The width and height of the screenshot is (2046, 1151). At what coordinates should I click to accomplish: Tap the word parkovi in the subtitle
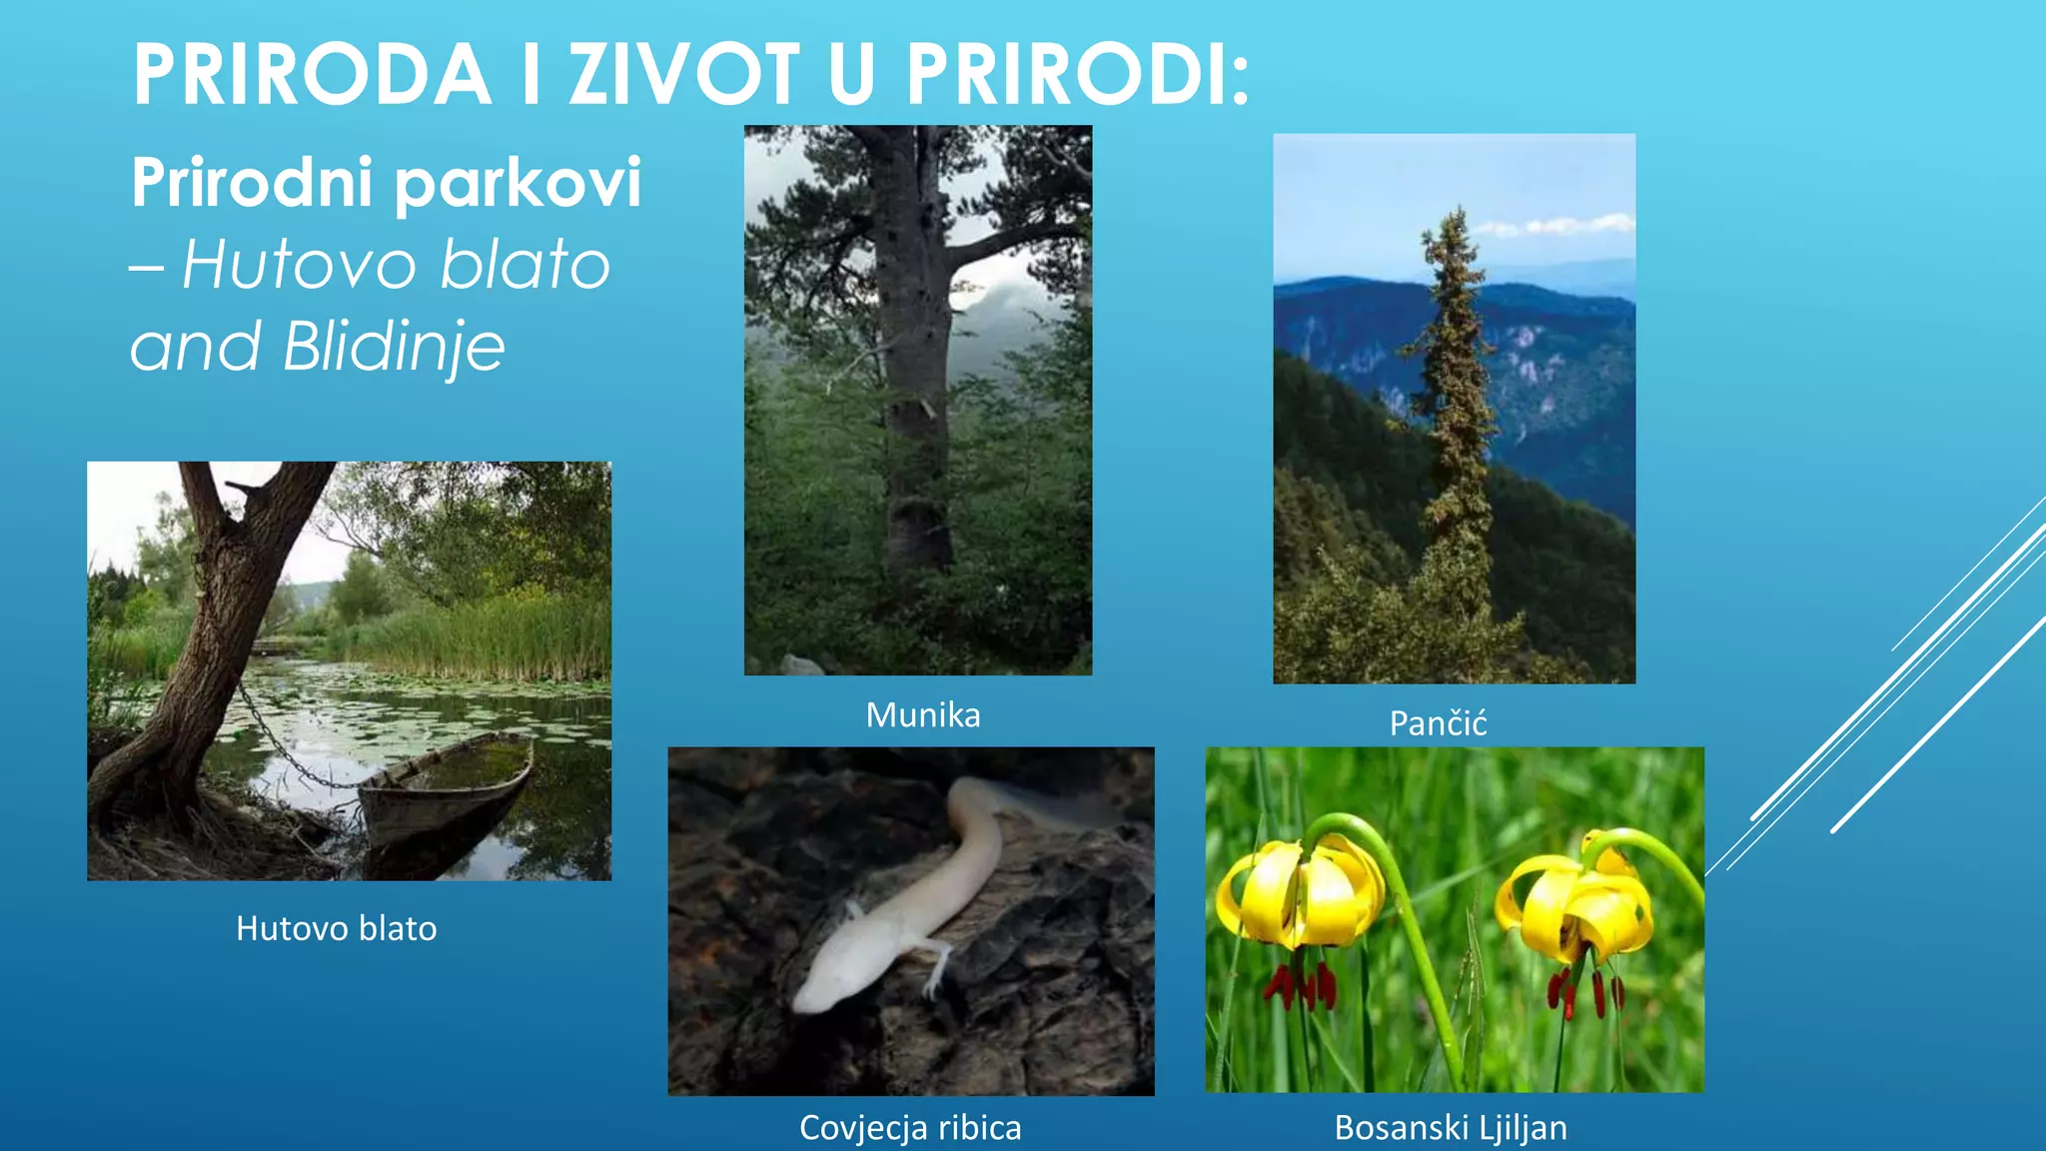coord(517,184)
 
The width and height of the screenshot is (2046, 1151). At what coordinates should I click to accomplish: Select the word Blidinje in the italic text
coord(394,348)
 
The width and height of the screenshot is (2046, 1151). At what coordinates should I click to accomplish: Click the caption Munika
coord(922,715)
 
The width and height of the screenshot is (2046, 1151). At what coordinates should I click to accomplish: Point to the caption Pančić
coord(1438,723)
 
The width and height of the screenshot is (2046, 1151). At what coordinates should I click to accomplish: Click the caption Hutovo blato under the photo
coord(336,928)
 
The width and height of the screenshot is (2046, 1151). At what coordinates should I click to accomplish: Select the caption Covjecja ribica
coord(910,1127)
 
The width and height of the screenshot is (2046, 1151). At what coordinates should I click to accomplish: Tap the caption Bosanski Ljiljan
coord(1451,1127)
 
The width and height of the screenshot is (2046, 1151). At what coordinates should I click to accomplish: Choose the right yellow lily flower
coord(1578,904)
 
